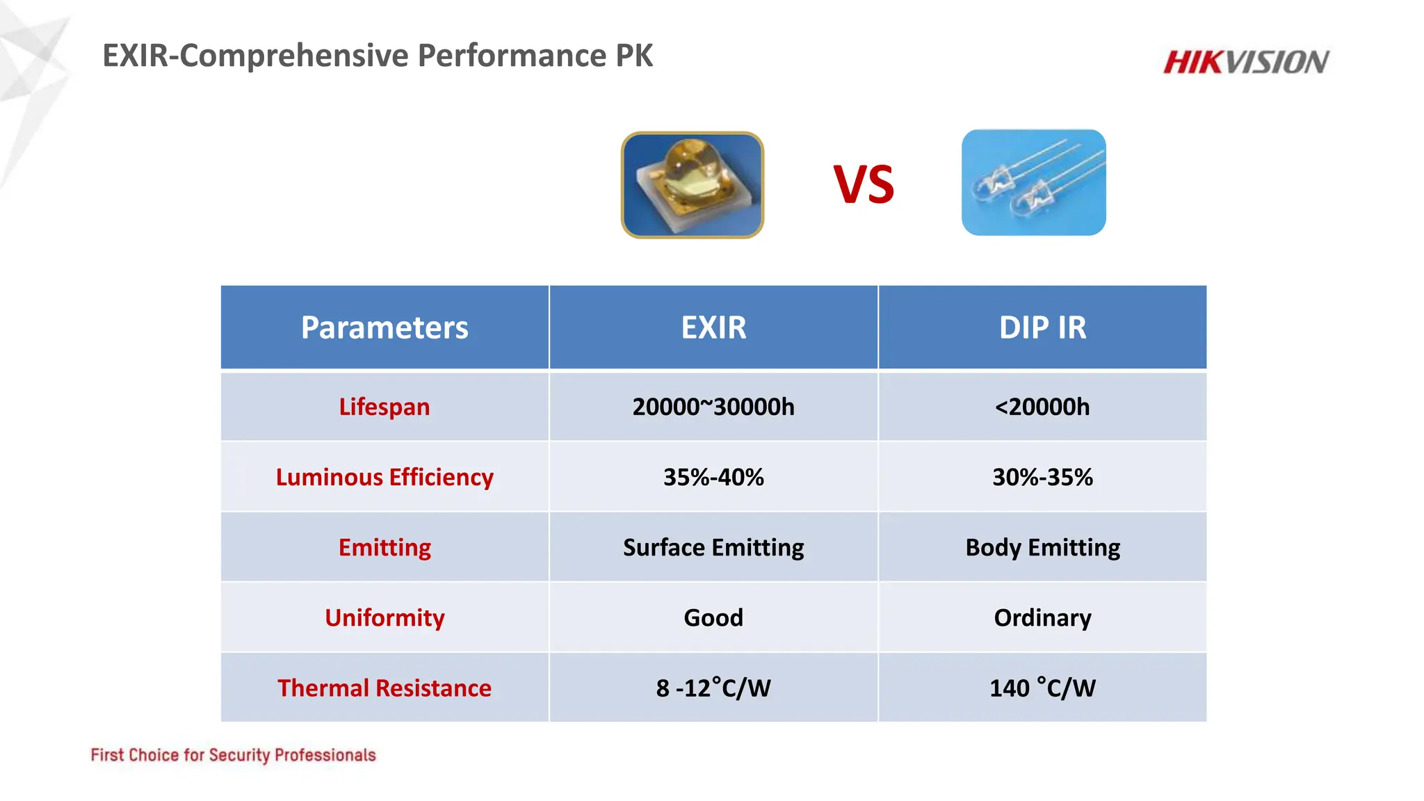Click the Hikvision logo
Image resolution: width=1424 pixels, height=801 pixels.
(x=1246, y=62)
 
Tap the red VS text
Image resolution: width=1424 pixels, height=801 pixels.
(x=864, y=185)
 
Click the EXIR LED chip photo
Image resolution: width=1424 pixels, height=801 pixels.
(x=693, y=185)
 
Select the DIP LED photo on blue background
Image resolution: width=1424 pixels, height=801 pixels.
(x=1033, y=182)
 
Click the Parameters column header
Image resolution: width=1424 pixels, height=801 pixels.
(x=385, y=327)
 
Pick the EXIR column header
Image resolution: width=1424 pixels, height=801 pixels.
(x=713, y=327)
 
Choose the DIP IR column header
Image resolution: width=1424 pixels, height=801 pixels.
(x=1042, y=327)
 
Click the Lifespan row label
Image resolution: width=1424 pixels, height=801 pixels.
(x=385, y=407)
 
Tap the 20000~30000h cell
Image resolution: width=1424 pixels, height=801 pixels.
(x=713, y=407)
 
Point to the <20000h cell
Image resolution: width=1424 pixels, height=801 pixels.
(x=1042, y=407)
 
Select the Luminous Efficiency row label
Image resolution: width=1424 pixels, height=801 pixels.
(x=385, y=477)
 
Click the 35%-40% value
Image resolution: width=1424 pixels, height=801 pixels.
(x=713, y=477)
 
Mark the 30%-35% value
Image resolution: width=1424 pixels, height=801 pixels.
(x=1042, y=477)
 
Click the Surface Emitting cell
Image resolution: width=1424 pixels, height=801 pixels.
(x=713, y=547)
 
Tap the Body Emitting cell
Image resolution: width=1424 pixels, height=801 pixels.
(x=1042, y=547)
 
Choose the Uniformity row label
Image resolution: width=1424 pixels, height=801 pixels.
(x=385, y=617)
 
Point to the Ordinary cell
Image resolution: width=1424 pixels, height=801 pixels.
(x=1042, y=617)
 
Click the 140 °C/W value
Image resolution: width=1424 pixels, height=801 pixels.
(x=1042, y=688)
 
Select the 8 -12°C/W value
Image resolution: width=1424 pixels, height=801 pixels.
(x=713, y=688)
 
